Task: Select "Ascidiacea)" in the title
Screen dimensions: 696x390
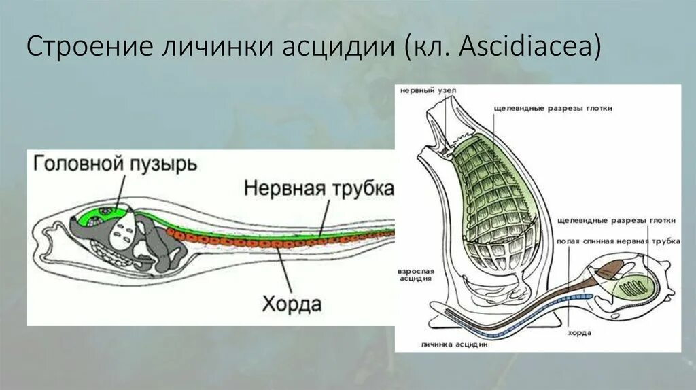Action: [530, 49]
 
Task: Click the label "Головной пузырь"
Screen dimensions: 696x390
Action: [115, 164]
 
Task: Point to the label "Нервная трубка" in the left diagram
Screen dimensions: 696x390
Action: [318, 187]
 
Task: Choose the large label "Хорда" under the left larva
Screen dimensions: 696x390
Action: [292, 303]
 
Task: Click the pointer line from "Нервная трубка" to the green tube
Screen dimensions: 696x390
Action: [325, 216]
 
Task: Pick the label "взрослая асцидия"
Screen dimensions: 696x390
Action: [414, 275]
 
